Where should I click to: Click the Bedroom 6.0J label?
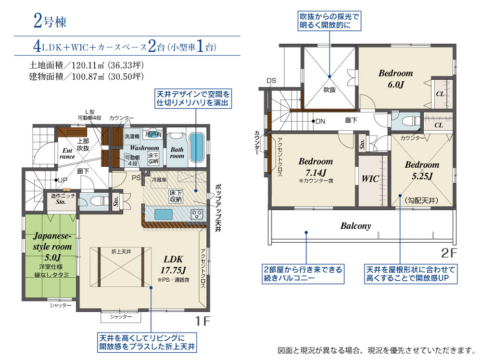(395, 78)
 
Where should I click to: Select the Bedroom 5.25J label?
(422, 170)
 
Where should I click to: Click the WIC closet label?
(370, 179)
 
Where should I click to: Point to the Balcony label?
(355, 226)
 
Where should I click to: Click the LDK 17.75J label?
(173, 264)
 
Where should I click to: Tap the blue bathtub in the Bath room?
(197, 147)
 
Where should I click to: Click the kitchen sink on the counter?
(164, 214)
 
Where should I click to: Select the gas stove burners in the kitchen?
(197, 214)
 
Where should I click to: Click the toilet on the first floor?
(98, 201)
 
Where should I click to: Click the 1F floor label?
(203, 321)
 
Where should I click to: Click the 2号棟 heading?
(50, 21)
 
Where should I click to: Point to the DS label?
(271, 81)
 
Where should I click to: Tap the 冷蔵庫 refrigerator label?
(159, 180)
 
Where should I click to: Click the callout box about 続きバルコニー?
(303, 274)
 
